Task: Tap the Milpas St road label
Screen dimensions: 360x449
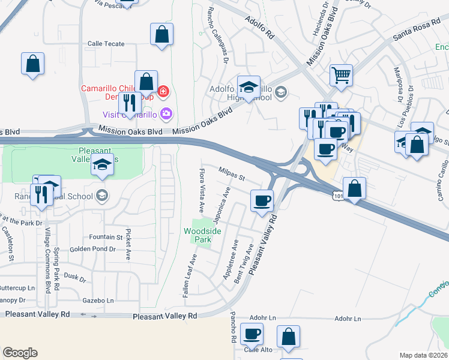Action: click(x=232, y=175)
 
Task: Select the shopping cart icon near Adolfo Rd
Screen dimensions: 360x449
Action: click(x=341, y=76)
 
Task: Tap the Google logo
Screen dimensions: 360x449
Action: click(x=20, y=352)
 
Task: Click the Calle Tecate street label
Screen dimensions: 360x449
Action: click(x=106, y=44)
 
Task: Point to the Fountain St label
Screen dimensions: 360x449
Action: click(x=106, y=237)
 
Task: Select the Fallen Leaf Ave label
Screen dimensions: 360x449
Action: click(x=190, y=277)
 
